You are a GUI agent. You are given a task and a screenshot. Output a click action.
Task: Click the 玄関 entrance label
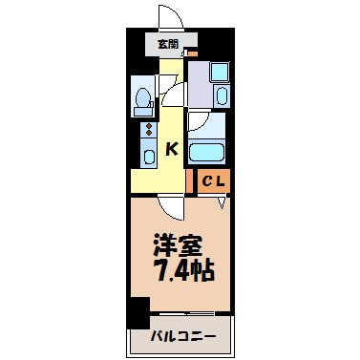168,44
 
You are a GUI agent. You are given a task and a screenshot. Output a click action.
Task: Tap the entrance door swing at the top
168,18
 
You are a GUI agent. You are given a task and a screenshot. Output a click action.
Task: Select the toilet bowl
143,99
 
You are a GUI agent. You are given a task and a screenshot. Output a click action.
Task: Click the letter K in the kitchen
172,148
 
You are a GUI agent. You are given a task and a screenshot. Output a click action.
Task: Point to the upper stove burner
148,126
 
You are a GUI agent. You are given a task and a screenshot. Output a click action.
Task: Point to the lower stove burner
148,136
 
